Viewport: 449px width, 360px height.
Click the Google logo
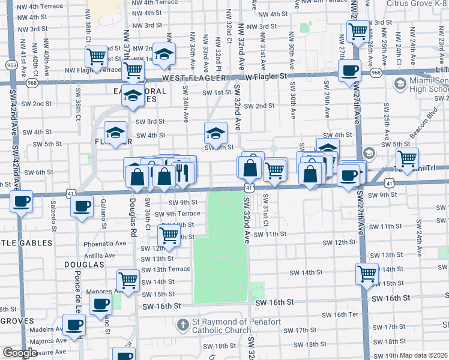point(20,353)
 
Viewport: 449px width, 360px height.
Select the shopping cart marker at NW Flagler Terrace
point(97,57)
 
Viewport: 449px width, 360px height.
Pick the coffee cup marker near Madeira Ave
point(74,325)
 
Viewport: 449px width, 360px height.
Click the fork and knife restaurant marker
point(184,172)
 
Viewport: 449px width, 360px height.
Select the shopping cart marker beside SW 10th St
point(169,235)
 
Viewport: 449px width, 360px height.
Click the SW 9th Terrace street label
point(177,214)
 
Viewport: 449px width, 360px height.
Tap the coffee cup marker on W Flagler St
point(349,71)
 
